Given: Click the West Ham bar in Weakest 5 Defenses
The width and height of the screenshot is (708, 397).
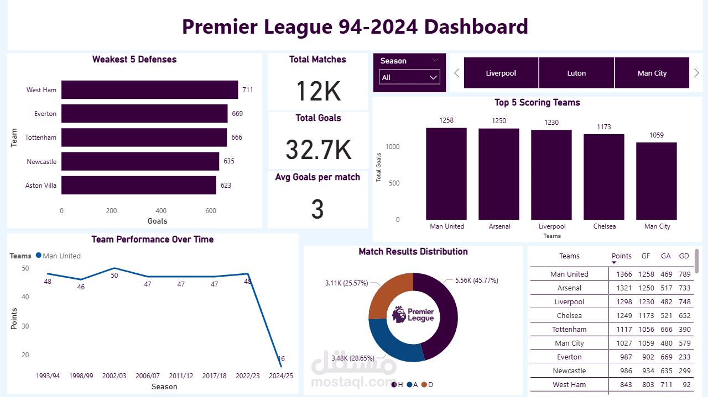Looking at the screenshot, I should coord(149,89).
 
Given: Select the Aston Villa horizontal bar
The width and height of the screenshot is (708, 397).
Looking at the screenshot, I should coord(138,186).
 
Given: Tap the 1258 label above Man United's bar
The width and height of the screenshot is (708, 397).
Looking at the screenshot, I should coord(446,120).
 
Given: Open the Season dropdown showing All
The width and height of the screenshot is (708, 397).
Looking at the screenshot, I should coord(409,77).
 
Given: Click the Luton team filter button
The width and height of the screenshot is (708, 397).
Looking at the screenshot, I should coord(576,73).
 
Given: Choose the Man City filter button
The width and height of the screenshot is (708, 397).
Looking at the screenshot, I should coord(652,73).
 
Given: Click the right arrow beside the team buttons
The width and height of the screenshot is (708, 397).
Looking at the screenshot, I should coord(696,73).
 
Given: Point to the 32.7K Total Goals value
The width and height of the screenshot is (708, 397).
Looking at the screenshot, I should coord(318,150).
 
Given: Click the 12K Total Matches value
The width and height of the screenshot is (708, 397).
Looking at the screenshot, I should coord(318,91).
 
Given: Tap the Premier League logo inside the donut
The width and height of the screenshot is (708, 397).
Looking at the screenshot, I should coord(413,315).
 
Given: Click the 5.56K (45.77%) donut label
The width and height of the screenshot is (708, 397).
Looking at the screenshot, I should coord(476,280).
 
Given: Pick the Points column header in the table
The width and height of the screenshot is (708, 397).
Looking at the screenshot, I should coord(621,256).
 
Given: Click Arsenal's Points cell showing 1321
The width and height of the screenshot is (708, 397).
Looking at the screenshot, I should coord(621,288).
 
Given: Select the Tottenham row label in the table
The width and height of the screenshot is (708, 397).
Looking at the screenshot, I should coord(569,329).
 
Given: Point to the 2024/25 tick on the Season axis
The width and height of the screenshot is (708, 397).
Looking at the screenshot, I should coord(281,375).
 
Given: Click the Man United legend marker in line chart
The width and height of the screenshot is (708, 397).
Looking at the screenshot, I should coord(39,256).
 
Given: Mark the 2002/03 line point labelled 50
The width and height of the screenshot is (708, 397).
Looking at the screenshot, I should coord(114,268).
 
